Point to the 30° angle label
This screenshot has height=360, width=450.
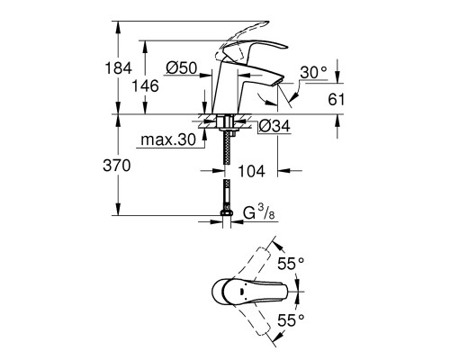coord(313,72)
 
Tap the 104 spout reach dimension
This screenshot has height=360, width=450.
coord(252,168)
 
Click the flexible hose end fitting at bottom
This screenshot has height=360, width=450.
coord(225,217)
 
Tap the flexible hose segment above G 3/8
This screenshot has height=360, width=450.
coord(225,193)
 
